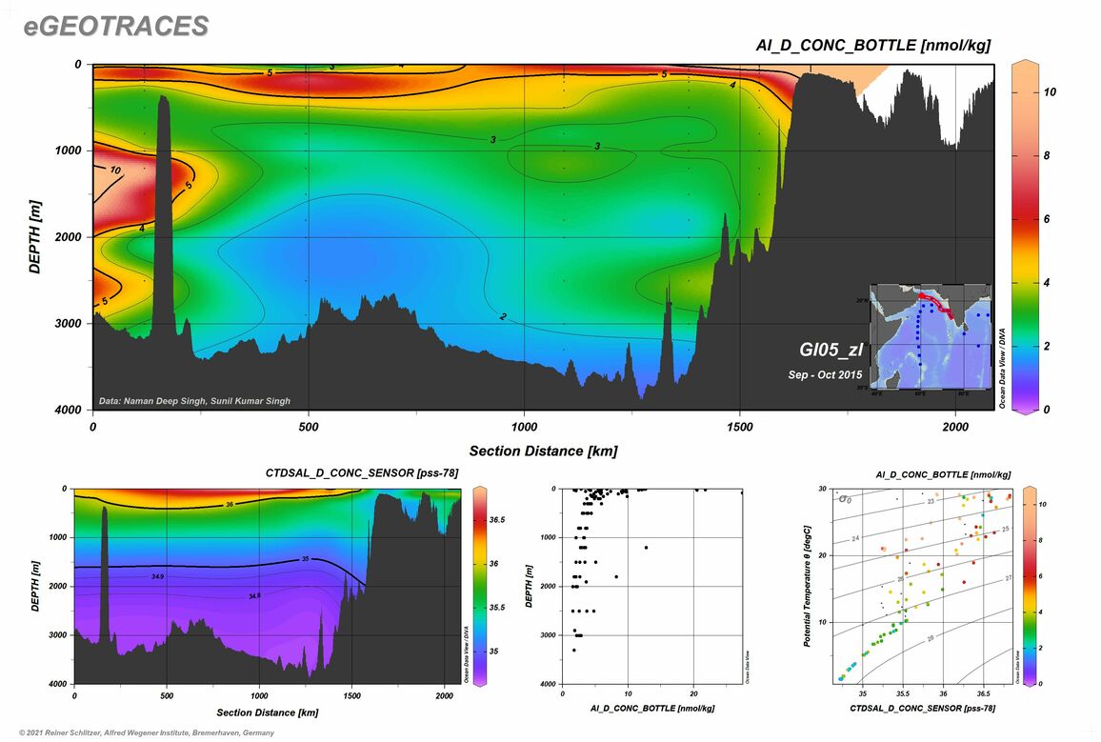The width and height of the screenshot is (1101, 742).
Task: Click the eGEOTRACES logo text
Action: (x=116, y=27)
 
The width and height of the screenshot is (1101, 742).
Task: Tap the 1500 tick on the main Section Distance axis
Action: (x=740, y=426)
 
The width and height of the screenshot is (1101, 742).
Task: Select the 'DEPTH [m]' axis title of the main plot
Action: (x=35, y=237)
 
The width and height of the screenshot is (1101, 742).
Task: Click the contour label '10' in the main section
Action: (x=114, y=170)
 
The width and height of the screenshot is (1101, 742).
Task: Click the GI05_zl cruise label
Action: (x=831, y=350)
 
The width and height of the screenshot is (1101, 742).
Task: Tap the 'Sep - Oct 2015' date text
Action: (x=825, y=374)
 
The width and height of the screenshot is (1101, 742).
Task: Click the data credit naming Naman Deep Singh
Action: (x=195, y=401)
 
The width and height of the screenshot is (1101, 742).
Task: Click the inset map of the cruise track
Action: (x=928, y=335)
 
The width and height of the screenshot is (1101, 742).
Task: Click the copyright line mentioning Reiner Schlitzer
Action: (x=139, y=732)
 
